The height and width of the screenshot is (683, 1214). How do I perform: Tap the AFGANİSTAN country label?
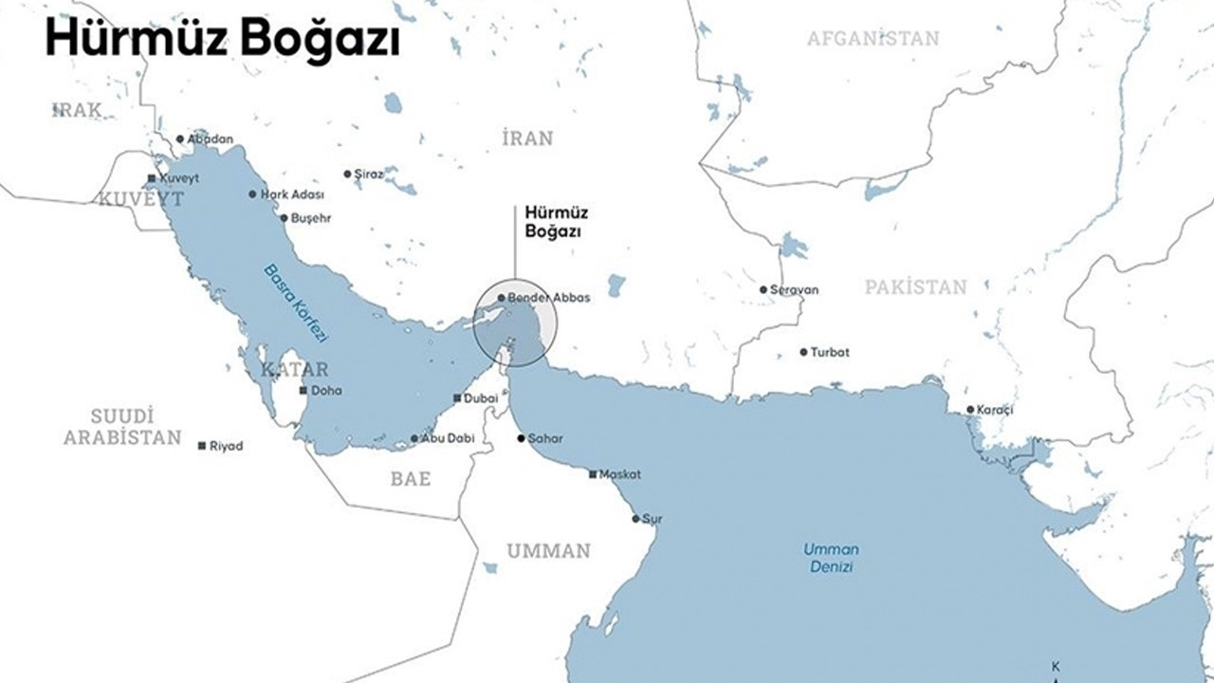(873, 38)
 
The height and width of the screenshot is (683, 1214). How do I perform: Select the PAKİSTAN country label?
(915, 286)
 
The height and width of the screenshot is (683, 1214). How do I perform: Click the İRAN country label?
(527, 138)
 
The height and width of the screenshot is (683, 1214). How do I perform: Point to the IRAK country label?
(76, 110)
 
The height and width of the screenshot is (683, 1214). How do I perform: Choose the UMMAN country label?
(548, 551)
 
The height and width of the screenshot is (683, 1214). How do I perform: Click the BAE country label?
(411, 479)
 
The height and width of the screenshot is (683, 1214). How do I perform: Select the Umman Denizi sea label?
(831, 558)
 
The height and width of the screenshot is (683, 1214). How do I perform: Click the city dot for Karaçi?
(970, 410)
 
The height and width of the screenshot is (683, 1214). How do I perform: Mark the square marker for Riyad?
(201, 446)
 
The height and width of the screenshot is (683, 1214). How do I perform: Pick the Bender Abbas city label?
(548, 298)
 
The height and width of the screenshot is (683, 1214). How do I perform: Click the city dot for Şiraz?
(346, 174)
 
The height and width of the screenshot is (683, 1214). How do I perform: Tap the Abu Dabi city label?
(447, 438)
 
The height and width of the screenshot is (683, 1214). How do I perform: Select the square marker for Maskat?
(593, 474)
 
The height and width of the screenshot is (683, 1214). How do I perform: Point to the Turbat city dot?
(803, 352)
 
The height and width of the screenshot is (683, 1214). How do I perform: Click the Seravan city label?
(794, 289)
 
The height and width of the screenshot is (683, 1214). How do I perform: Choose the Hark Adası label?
(293, 194)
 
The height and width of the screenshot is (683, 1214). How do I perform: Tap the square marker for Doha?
(303, 390)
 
